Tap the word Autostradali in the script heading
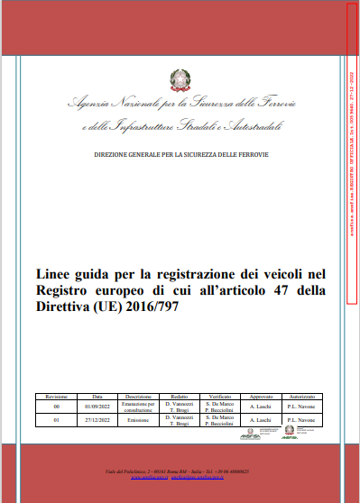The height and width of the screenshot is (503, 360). tap(258, 126)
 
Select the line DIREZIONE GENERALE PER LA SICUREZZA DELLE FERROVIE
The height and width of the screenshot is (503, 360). tap(181, 154)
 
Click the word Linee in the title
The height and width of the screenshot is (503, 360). tap(52, 272)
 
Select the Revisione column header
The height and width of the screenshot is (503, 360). tap(56, 395)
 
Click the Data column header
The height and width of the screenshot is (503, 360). tap(97, 395)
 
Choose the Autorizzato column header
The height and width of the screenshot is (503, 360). tap(301, 395)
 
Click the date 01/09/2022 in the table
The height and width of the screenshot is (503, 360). tap(97, 407)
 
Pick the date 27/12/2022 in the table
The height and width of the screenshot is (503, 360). tap(97, 420)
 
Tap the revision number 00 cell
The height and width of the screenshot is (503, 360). tap(56, 407)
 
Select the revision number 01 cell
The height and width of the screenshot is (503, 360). tap(56, 420)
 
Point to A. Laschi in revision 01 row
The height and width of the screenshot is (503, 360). tap(260, 420)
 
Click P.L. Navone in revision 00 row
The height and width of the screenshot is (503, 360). tap(301, 407)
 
